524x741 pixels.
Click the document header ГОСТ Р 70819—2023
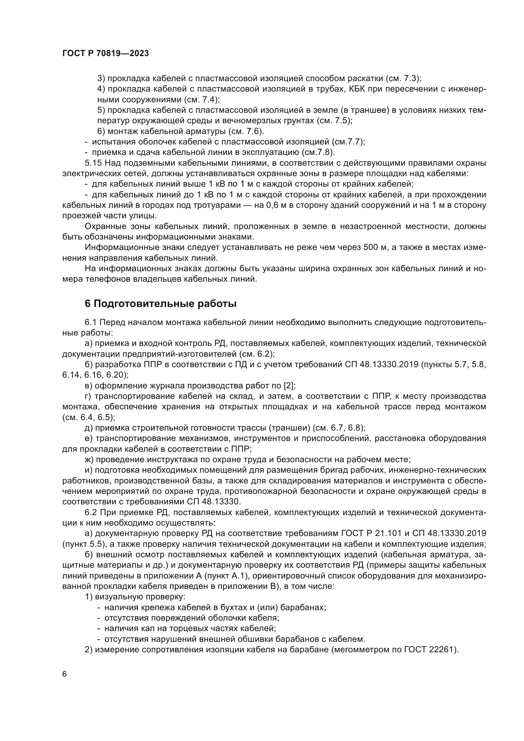pos(105,54)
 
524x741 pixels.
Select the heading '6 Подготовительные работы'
pos(160,304)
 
